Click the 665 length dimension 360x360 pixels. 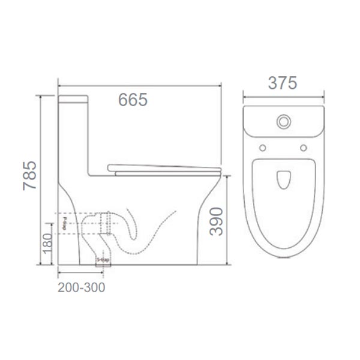click(133, 100)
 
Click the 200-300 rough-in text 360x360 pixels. click(82, 287)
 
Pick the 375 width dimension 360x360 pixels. click(283, 83)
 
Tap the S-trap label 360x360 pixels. click(103, 260)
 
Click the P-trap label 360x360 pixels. click(62, 228)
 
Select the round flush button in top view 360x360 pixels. click(283, 122)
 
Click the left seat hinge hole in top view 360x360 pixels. click(263, 148)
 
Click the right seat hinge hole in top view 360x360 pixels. click(304, 148)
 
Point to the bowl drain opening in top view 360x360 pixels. click(283, 178)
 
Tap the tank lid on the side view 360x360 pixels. click(74, 98)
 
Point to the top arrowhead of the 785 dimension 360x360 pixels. click(41, 97)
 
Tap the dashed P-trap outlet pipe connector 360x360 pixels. click(108, 222)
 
